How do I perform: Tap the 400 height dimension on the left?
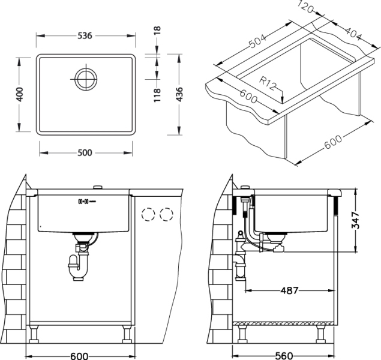tap(20, 94)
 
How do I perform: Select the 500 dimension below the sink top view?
tap(85, 152)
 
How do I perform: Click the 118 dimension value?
tap(157, 94)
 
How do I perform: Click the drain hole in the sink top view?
tap(85, 77)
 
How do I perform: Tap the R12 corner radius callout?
tap(268, 84)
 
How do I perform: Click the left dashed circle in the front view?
tap(148, 215)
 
